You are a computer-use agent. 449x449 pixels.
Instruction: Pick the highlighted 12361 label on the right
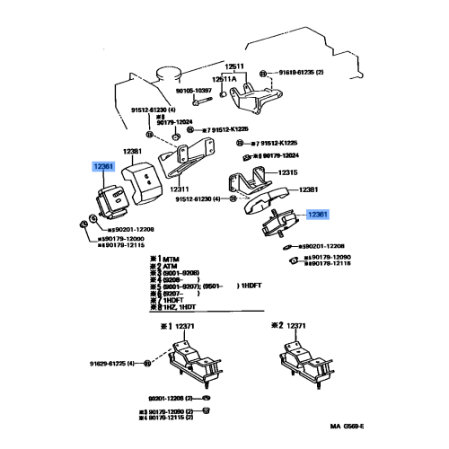[318, 215]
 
